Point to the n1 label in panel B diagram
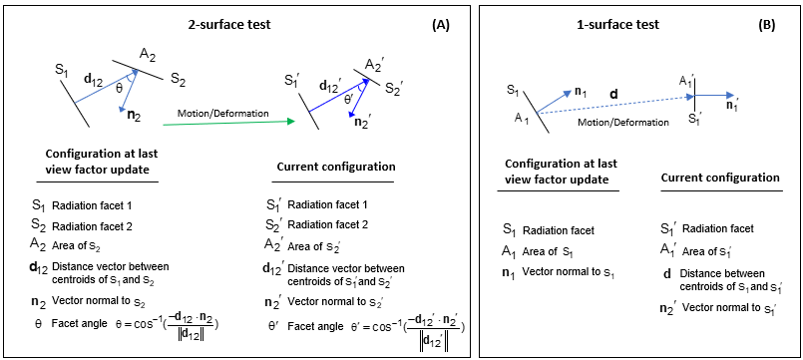pos(580,92)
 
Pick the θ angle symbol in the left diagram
pos(120,88)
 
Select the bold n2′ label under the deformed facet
pos(366,123)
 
